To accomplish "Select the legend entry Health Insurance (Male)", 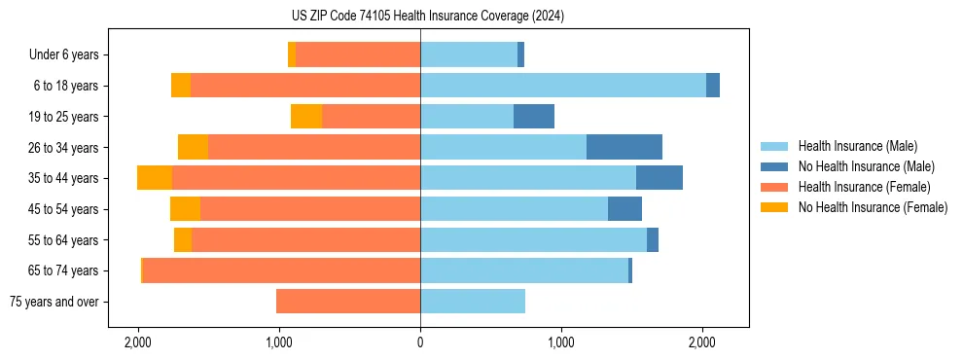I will [857, 146].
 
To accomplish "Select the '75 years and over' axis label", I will [54, 302].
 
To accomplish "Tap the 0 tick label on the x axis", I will [420, 342].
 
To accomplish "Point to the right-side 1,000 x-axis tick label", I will [561, 342].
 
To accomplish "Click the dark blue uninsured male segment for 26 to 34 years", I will [624, 147].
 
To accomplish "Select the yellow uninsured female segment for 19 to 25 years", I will [306, 117].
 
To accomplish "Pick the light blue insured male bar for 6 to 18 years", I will [563, 86].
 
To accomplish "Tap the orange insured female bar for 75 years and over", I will [348, 302].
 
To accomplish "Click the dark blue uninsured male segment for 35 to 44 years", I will [660, 178].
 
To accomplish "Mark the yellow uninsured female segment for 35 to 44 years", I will [155, 178].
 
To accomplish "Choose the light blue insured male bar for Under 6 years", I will [469, 54].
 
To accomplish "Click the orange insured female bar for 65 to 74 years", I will [282, 270].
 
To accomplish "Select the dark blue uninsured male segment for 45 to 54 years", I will [624, 209].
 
